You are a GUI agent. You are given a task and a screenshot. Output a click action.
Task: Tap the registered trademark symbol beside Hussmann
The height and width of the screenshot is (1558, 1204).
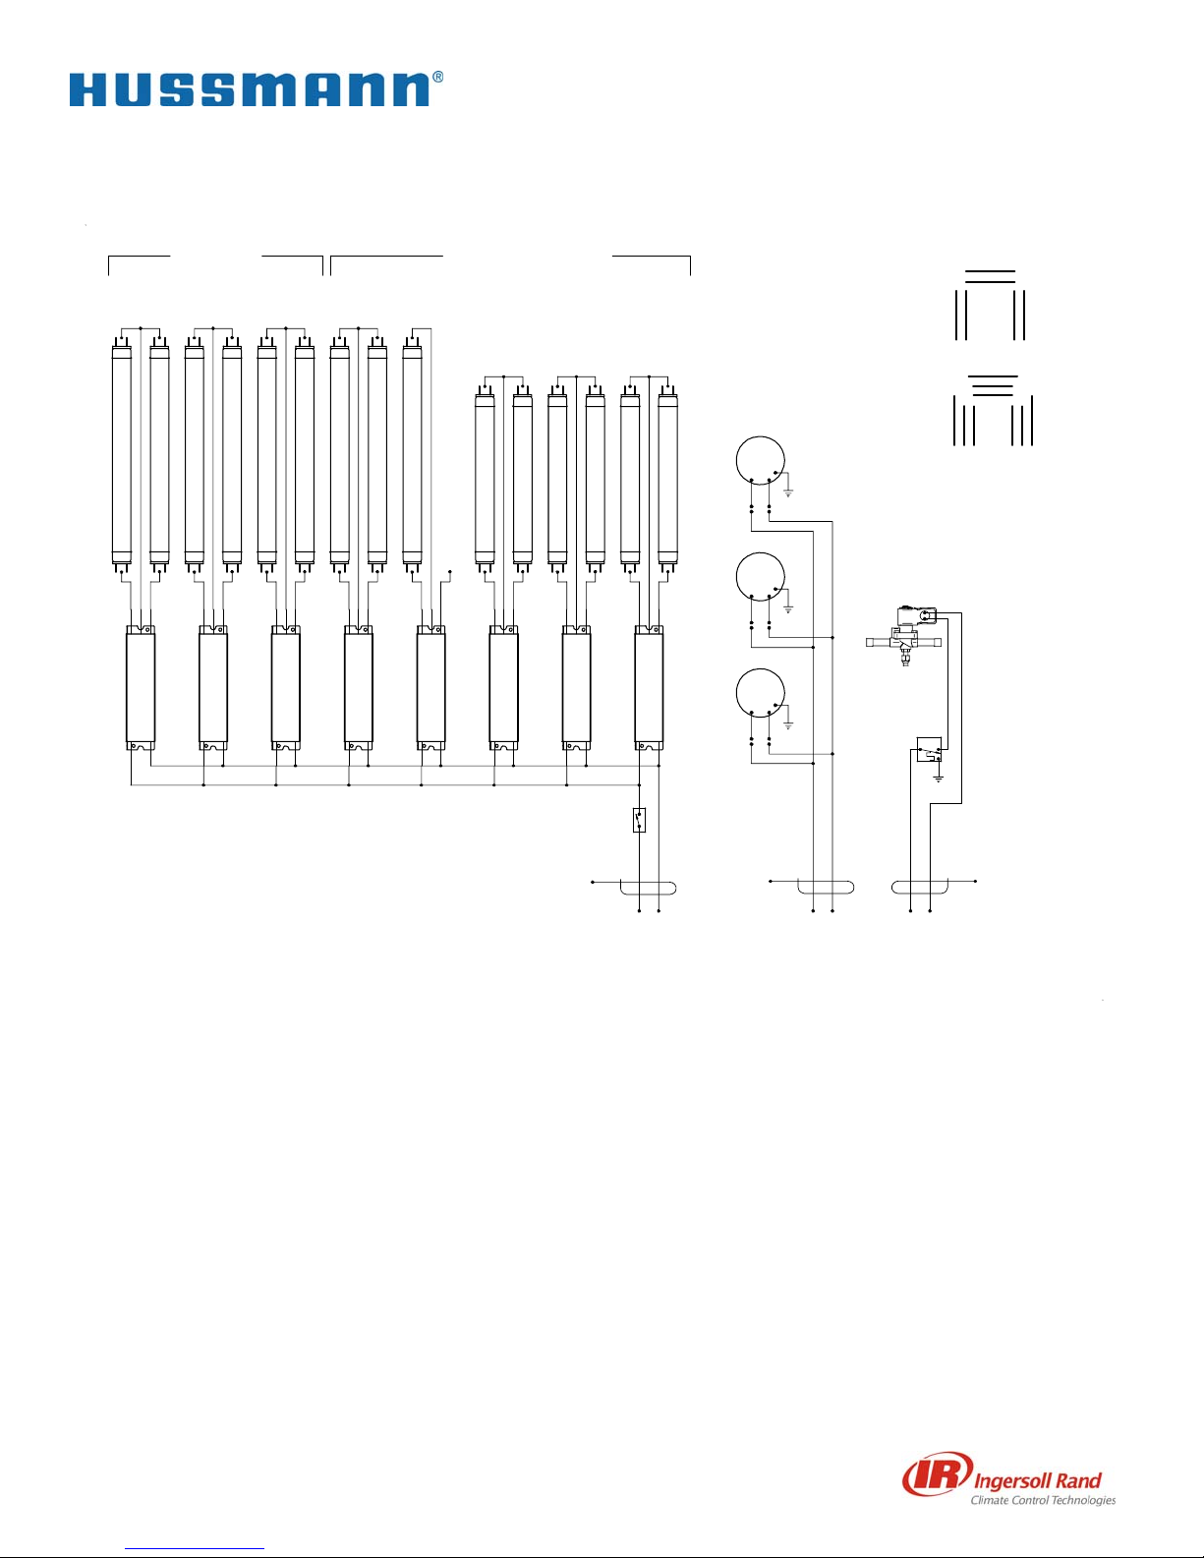(x=437, y=77)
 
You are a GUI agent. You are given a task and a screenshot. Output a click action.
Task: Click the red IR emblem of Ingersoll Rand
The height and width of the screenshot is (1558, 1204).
(x=938, y=1477)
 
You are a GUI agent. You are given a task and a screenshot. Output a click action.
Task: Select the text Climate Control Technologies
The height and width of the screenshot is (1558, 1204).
(x=1043, y=1500)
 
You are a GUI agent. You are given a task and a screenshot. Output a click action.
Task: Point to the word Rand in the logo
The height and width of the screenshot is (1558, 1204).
(x=1078, y=1480)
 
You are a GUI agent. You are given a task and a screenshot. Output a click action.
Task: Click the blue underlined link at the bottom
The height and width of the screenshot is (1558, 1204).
(x=195, y=1546)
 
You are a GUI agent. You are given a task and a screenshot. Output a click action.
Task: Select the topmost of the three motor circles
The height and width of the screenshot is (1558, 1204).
(x=761, y=460)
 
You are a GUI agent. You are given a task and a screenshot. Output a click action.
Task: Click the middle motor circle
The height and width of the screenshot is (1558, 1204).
(x=761, y=577)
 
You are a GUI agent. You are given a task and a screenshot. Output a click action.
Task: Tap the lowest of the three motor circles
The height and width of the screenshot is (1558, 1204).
(x=761, y=693)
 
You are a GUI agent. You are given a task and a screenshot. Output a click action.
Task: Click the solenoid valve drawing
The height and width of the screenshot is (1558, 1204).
(x=905, y=635)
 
